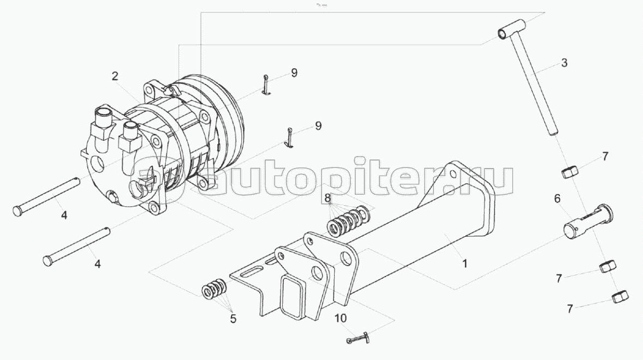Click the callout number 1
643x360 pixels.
[x=465, y=263]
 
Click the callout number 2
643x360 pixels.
[x=115, y=76]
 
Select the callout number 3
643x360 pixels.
[x=564, y=63]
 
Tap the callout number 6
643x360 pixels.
[x=557, y=199]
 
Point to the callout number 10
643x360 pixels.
[x=341, y=318]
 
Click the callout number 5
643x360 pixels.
[x=233, y=319]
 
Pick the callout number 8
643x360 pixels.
[x=328, y=198]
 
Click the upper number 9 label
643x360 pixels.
[x=294, y=73]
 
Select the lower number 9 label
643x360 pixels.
[x=318, y=126]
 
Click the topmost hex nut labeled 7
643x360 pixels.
[x=570, y=172]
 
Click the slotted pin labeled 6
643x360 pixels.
[x=588, y=221]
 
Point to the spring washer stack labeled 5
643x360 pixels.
[x=214, y=287]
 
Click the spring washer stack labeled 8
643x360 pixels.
[x=349, y=219]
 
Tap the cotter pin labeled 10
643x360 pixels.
[x=358, y=338]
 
